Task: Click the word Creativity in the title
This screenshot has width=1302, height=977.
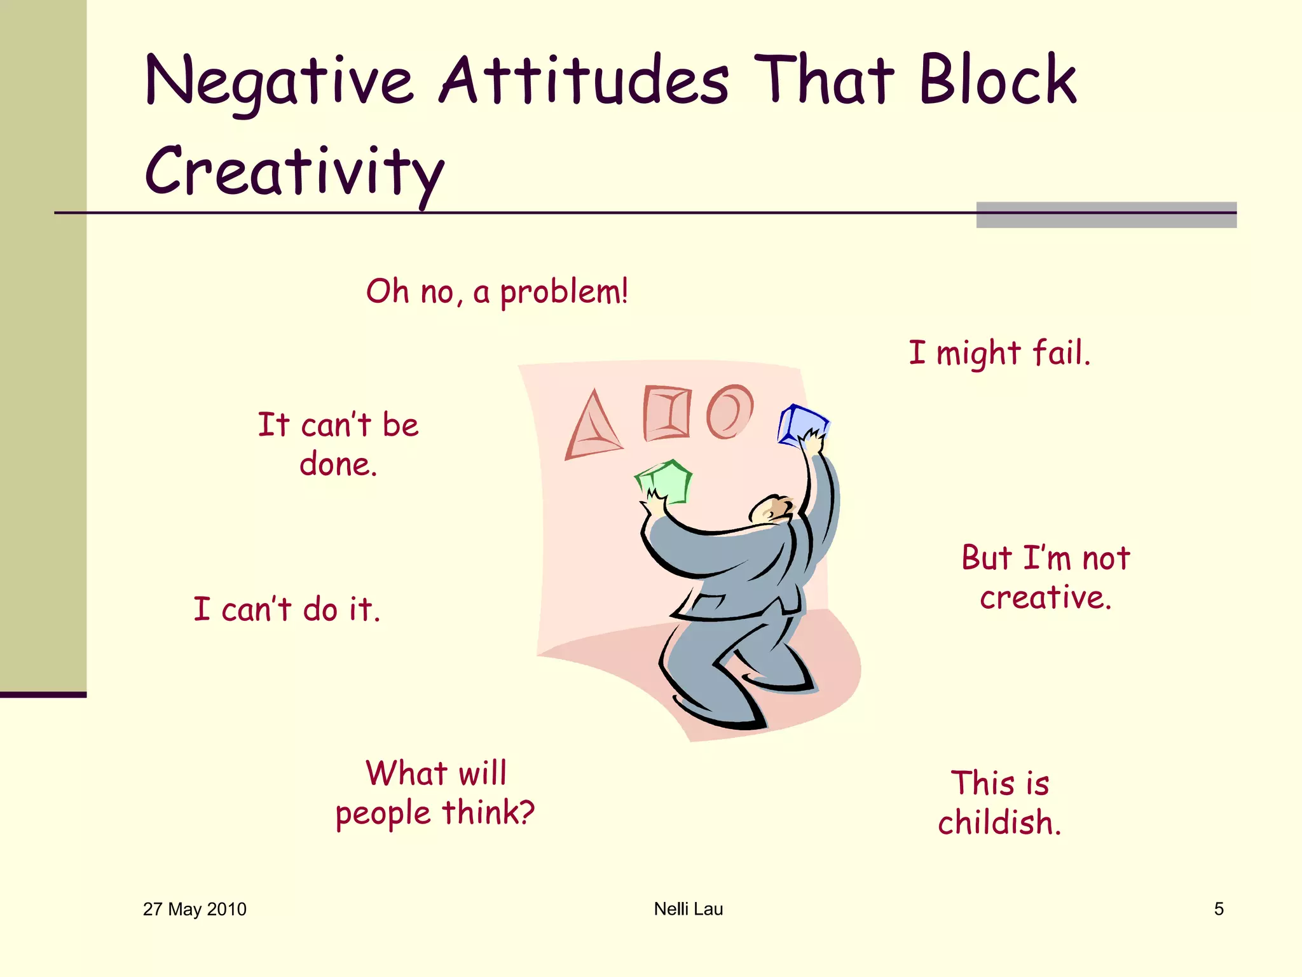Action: (x=294, y=170)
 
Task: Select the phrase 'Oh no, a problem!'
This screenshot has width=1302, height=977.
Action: (x=497, y=293)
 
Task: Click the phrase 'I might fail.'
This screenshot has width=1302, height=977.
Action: (x=999, y=353)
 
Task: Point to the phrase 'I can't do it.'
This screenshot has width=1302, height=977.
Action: (x=287, y=609)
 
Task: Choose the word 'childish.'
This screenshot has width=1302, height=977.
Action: (x=999, y=822)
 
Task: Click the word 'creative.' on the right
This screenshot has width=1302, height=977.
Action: (x=1045, y=598)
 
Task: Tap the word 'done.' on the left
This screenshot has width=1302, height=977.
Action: (x=338, y=464)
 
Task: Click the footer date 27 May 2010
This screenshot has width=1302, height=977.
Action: (x=195, y=909)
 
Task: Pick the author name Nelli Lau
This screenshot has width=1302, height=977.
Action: (x=689, y=909)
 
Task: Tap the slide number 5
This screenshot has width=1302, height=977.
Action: (x=1219, y=909)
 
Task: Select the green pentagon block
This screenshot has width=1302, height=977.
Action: (x=664, y=482)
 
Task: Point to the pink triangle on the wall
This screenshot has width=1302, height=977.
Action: (x=593, y=427)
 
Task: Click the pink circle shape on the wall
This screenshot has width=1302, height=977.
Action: (x=729, y=412)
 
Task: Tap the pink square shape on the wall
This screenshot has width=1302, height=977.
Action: (x=666, y=413)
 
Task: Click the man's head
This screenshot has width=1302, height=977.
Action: (x=771, y=509)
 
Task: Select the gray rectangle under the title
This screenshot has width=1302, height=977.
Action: (x=1106, y=215)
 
